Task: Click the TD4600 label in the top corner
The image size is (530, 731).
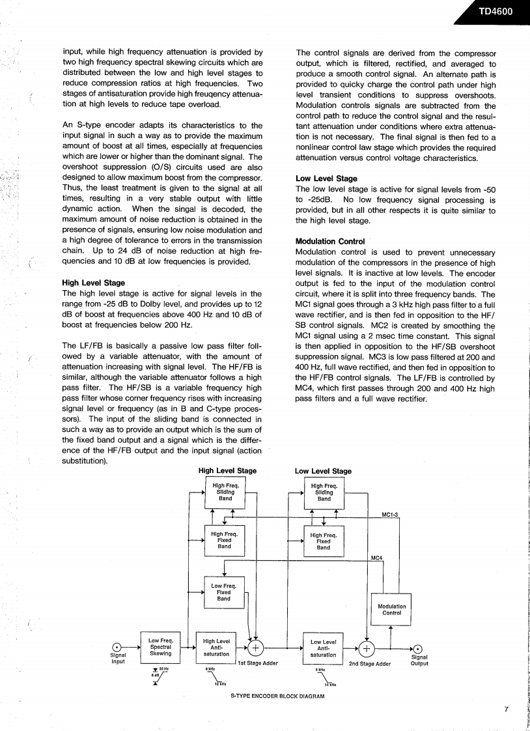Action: [499, 11]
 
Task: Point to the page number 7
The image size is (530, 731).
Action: [505, 709]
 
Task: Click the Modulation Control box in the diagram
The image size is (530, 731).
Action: [391, 610]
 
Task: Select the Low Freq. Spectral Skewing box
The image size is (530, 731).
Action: [160, 648]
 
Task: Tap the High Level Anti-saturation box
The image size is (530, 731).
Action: [216, 648]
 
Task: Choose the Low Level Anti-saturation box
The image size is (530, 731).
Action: [323, 648]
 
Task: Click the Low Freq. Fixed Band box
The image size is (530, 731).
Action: [224, 593]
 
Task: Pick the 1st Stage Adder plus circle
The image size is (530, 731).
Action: [256, 648]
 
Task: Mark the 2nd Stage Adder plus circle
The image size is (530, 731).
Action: [367, 648]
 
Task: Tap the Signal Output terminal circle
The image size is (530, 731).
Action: [418, 648]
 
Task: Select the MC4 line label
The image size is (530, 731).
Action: [376, 558]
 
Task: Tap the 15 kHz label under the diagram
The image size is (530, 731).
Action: [329, 684]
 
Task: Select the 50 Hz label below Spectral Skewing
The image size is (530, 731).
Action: [164, 668]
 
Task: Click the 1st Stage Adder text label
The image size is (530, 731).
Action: [258, 664]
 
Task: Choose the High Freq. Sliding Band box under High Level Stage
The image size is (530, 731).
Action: [225, 493]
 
